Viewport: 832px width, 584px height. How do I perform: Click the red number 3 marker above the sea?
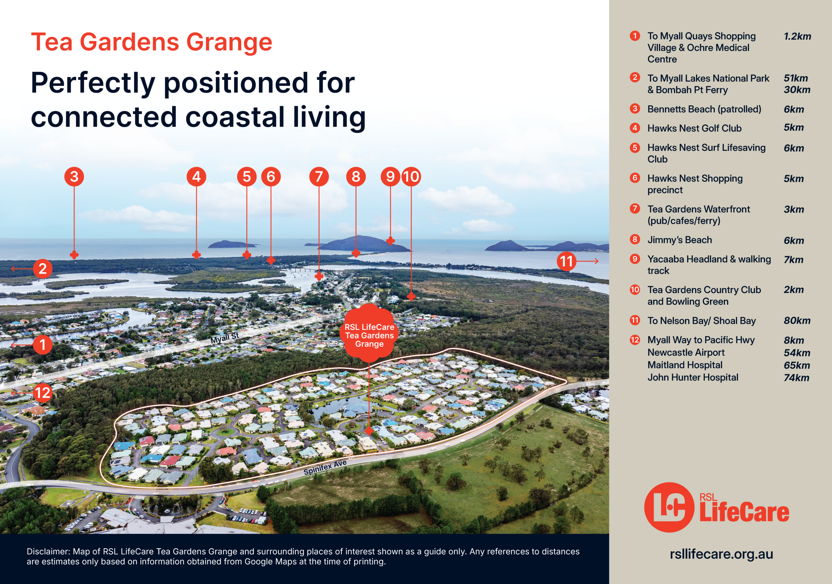74,176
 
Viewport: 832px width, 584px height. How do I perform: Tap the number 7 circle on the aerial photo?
319,176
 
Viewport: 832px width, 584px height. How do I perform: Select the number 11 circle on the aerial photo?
566,261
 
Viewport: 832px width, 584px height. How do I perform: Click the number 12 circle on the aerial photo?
43,393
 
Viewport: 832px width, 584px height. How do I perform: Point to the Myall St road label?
225,338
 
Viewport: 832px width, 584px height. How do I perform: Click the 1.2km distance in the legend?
797,36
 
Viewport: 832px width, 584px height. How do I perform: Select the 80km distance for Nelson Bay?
797,320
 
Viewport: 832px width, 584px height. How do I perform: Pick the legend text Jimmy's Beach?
680,240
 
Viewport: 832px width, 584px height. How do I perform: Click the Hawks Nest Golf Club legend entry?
694,128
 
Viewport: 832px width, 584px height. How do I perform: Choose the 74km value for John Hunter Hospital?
796,378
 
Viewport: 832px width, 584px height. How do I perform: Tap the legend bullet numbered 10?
635,290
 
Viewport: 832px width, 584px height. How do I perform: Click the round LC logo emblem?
669,507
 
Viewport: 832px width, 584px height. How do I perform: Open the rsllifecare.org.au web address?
721,554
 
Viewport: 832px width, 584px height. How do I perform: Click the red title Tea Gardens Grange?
151,42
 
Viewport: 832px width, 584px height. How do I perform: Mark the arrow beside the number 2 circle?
22,269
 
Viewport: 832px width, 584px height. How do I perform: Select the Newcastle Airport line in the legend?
686,352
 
